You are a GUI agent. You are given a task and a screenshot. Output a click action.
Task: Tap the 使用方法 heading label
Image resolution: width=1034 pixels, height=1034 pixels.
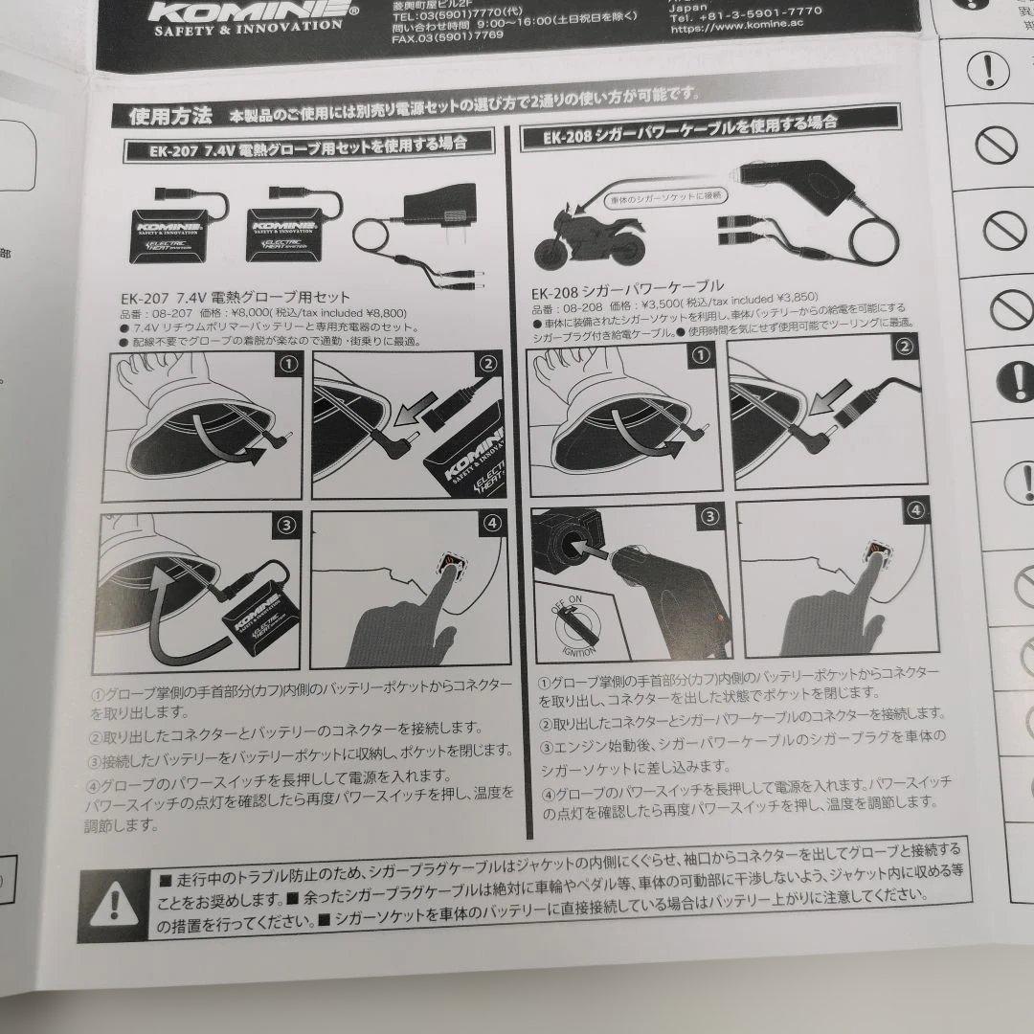point(169,116)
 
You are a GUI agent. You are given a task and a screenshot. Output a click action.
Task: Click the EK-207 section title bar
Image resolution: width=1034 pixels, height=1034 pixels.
point(308,146)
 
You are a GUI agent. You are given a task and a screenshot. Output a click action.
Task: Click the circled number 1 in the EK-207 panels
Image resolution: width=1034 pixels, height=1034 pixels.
point(287,364)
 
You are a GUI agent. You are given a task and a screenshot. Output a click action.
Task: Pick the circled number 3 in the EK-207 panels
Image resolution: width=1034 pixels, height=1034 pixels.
point(286,524)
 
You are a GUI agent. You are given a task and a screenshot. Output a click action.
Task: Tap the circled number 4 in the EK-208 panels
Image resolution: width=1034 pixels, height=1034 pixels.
point(916,510)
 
